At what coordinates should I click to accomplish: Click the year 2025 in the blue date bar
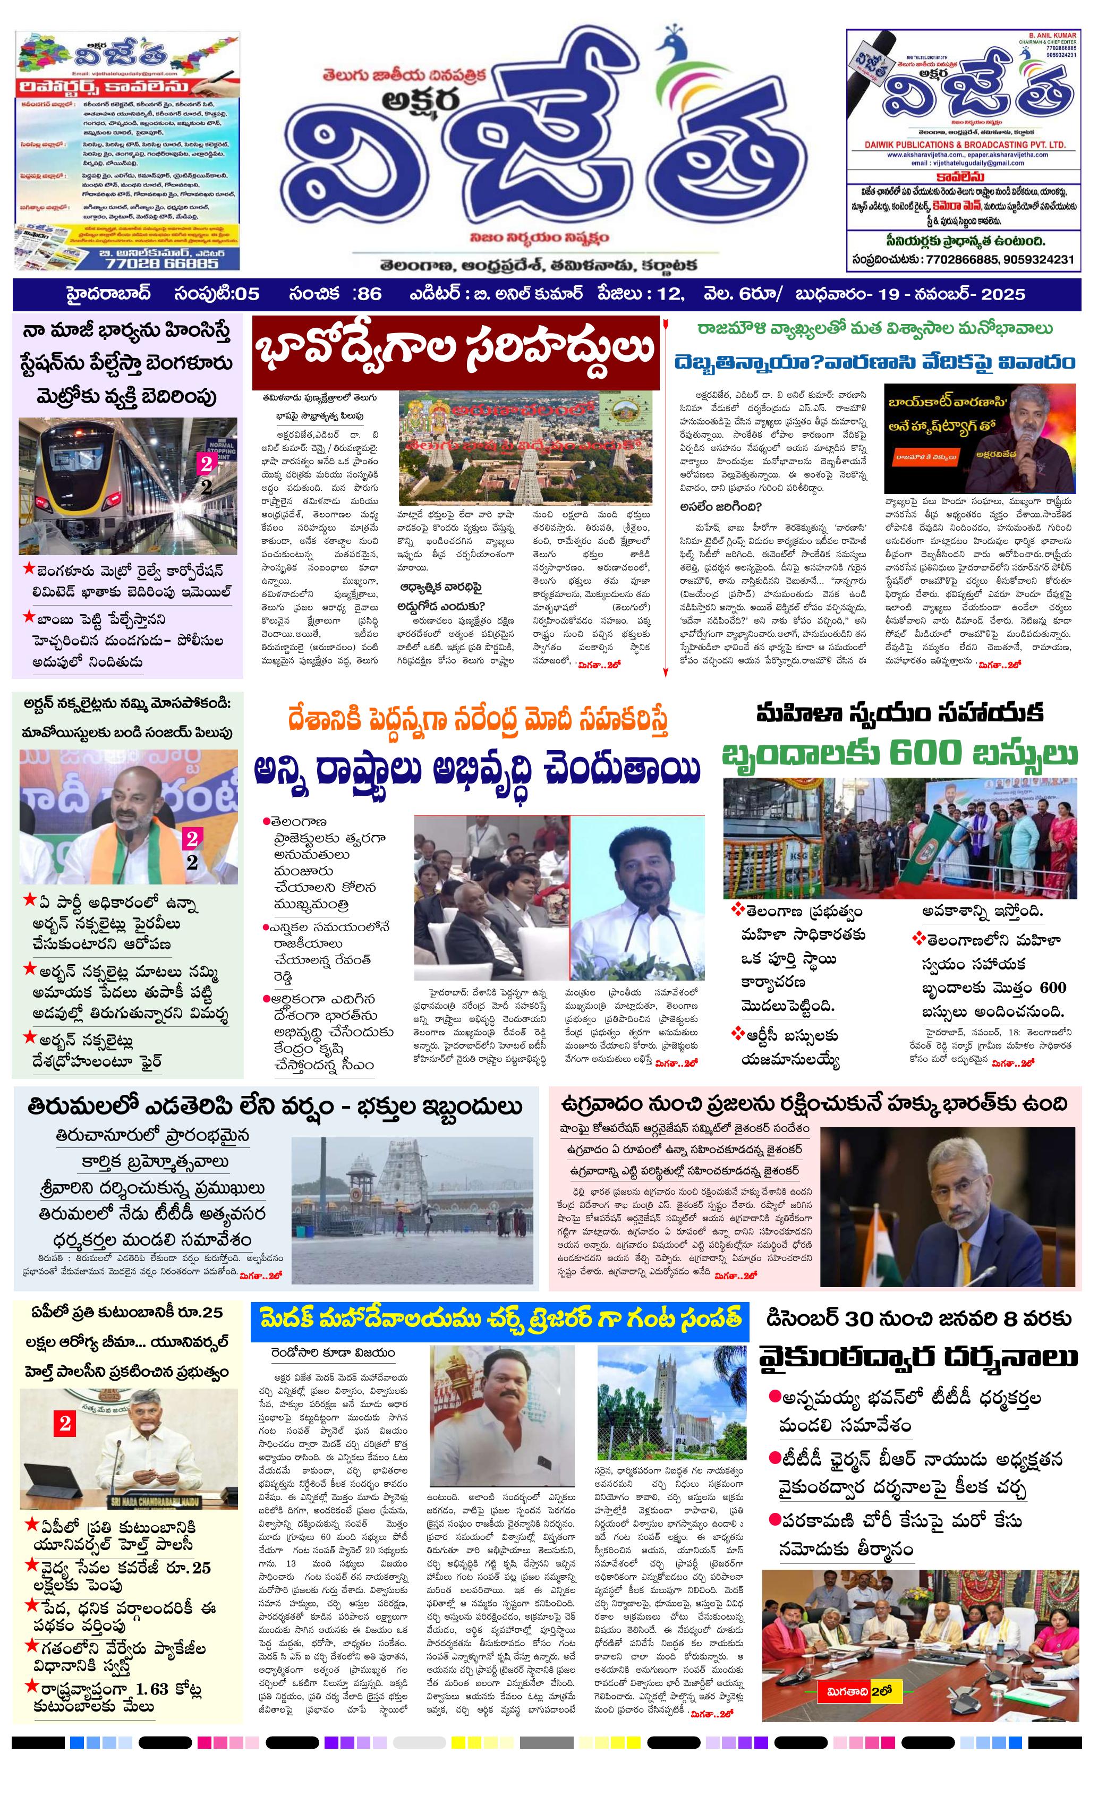pyautogui.click(x=1003, y=294)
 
